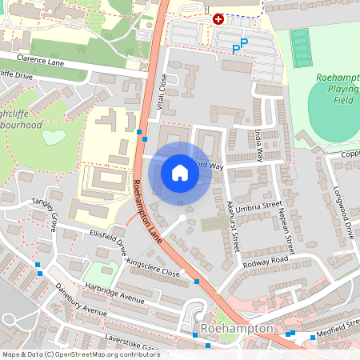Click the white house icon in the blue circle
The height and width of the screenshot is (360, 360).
[180, 172]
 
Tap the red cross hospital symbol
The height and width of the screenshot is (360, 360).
[218, 18]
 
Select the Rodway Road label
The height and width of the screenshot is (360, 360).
[266, 260]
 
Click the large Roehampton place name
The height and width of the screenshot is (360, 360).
[238, 329]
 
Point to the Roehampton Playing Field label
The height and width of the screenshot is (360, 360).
[338, 89]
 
